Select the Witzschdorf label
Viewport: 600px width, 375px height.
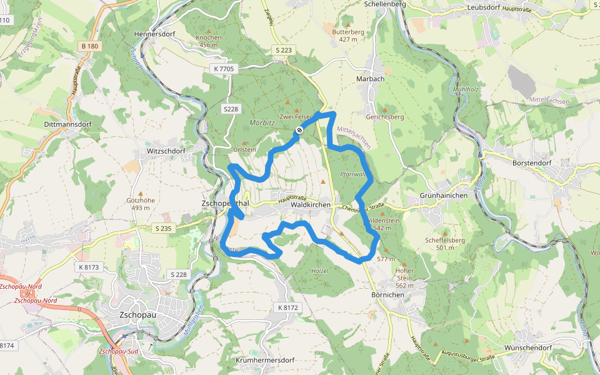[166, 151]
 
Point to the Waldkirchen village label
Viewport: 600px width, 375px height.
[311, 204]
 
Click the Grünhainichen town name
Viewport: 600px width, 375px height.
[444, 196]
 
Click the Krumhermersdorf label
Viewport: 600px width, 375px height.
[265, 361]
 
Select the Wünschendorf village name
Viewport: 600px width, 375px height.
[527, 348]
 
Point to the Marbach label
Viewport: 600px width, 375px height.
[370, 79]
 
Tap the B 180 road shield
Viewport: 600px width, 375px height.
[89, 46]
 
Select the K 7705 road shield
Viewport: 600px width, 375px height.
[223, 69]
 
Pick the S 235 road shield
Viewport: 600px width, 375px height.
[162, 229]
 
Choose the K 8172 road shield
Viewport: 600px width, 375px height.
[287, 307]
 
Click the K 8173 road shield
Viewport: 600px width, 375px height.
[89, 267]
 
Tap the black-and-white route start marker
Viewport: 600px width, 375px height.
[300, 130]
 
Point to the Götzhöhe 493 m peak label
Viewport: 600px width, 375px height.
[140, 204]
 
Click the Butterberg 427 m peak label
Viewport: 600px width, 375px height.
[348, 34]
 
